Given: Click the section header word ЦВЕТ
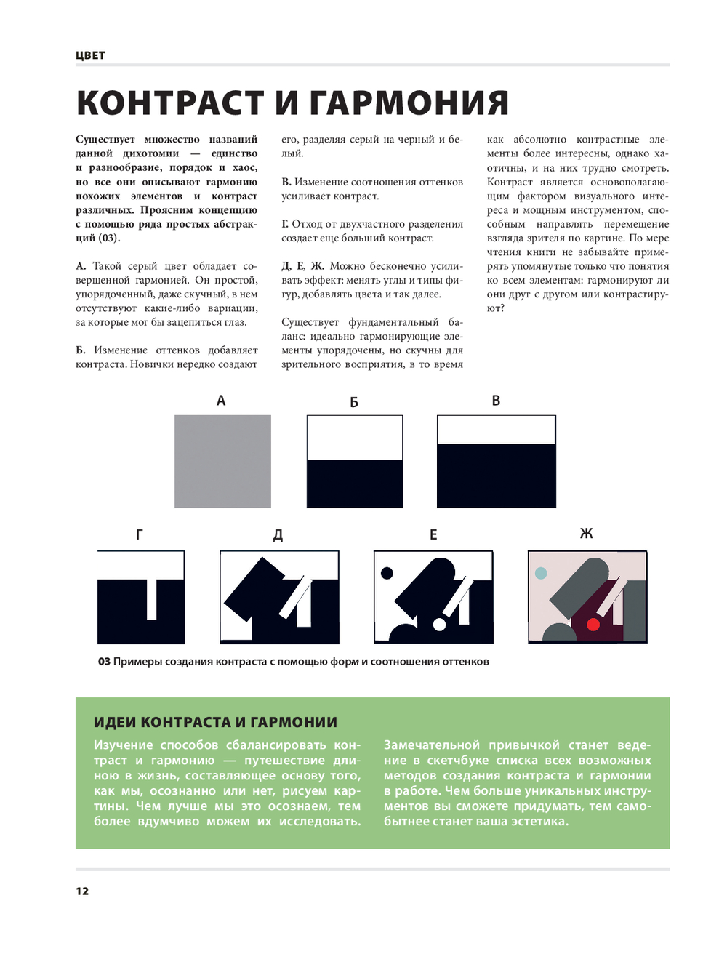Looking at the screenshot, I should tap(90, 55).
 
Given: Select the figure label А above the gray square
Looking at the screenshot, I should tap(221, 401).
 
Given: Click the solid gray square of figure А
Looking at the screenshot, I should tap(222, 461).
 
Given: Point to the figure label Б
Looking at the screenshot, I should tap(354, 402).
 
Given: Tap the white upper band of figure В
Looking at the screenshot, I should tap(496, 430).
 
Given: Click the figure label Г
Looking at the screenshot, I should tap(139, 534).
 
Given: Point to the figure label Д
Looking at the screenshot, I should tap(278, 535).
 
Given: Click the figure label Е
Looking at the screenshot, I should tap(433, 535).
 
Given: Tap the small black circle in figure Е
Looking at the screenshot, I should tap(387, 573).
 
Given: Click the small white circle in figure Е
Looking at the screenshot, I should tap(439, 624).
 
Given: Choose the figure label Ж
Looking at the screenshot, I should tap(587, 534).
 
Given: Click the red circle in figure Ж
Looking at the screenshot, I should tap(593, 624).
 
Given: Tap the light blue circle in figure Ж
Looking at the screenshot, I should tap(541, 573).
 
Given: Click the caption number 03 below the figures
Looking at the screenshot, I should tap(104, 662).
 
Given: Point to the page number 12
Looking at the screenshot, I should tap(82, 891).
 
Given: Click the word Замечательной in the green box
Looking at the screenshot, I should tap(432, 745).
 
